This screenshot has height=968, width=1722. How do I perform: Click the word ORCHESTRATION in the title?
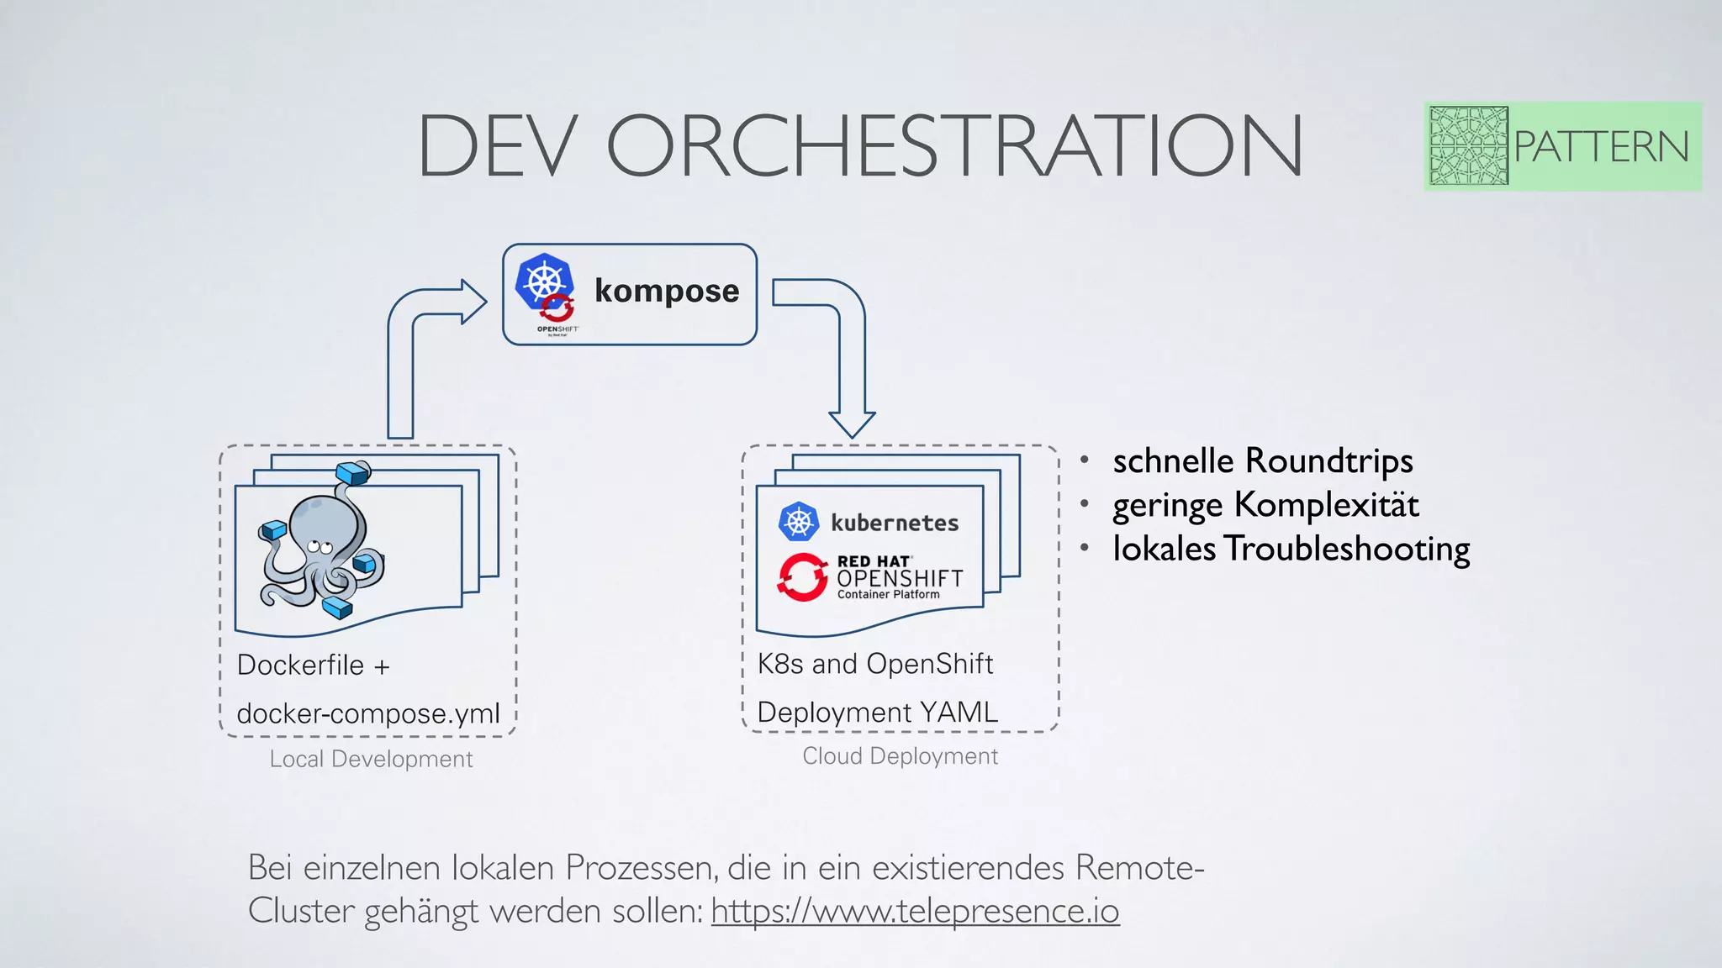pyautogui.click(x=954, y=146)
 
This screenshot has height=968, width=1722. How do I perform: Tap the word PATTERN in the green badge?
pyautogui.click(x=1601, y=147)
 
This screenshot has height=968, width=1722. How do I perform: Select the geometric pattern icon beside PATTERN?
pyautogui.click(x=1468, y=146)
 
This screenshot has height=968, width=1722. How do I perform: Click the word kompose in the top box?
pyautogui.click(x=667, y=291)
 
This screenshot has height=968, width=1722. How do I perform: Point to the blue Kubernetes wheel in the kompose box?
pyautogui.click(x=543, y=280)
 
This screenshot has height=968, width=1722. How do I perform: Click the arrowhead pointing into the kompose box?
pyautogui.click(x=473, y=301)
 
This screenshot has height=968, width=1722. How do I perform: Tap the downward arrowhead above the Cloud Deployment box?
pyautogui.click(x=852, y=423)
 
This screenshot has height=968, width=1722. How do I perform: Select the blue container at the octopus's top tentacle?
pyautogui.click(x=352, y=473)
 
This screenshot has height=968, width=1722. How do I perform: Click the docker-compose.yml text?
pyautogui.click(x=368, y=713)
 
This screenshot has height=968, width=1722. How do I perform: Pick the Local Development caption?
pyautogui.click(x=371, y=759)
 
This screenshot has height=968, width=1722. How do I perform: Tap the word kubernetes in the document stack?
pyautogui.click(x=895, y=523)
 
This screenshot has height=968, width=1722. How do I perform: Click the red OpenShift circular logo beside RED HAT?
pyautogui.click(x=802, y=577)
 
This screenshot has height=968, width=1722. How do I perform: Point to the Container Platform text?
pyautogui.click(x=888, y=595)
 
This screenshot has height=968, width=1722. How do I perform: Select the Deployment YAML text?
pyautogui.click(x=877, y=712)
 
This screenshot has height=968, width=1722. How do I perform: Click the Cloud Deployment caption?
pyautogui.click(x=900, y=756)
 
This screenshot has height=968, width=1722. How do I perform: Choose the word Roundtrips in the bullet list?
pyautogui.click(x=1328, y=460)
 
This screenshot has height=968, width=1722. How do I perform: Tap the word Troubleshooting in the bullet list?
pyautogui.click(x=1346, y=549)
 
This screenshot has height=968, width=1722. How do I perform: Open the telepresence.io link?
pyautogui.click(x=915, y=911)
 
